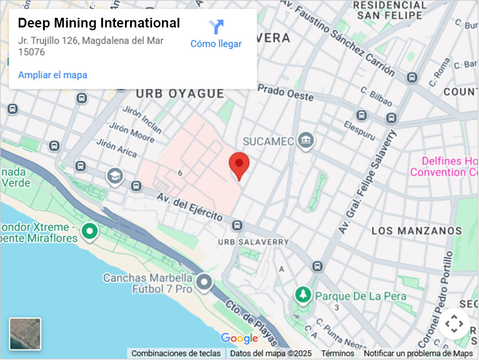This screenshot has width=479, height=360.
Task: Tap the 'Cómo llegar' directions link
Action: [216, 44]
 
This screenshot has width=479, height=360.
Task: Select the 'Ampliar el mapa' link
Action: [53, 75]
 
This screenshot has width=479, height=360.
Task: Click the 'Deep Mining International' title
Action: [99, 23]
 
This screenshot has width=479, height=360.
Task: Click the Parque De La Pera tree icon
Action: [302, 295]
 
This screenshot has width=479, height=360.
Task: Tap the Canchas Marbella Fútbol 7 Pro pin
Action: [204, 283]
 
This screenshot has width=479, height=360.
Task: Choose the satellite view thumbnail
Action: [25, 334]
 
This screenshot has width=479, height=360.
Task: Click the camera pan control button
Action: [454, 324]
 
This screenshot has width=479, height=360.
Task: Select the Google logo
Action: [239, 338]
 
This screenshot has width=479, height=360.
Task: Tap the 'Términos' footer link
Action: [337, 353]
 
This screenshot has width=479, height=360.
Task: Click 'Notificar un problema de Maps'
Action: [418, 353]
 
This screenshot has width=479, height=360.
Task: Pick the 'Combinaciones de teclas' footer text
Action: [176, 353]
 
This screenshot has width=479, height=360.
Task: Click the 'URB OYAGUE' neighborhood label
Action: [180, 94]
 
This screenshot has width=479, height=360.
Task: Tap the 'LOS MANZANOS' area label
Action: [416, 230]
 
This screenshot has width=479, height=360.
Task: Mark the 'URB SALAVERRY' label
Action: [253, 242]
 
